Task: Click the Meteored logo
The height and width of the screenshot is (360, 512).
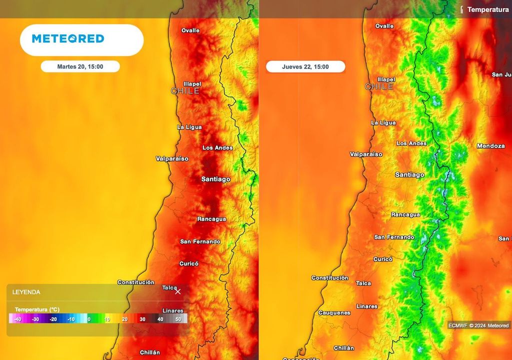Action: (x=68, y=39)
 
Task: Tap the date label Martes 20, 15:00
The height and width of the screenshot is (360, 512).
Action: (x=80, y=66)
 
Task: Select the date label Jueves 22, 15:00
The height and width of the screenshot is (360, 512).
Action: (x=305, y=67)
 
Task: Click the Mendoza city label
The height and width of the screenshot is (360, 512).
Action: (x=490, y=146)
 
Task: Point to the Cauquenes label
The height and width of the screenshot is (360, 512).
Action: (x=334, y=313)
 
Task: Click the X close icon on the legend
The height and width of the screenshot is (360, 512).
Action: (x=177, y=291)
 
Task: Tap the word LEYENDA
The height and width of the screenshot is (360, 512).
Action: (x=26, y=292)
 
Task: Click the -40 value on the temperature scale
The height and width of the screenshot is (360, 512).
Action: (x=17, y=319)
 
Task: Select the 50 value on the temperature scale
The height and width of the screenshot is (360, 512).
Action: (x=177, y=319)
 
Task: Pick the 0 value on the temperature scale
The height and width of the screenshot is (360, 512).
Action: (x=89, y=319)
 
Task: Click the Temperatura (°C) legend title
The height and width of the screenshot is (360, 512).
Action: (x=37, y=309)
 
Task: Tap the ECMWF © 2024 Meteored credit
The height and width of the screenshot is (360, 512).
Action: (x=478, y=326)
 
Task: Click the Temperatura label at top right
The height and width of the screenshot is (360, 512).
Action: (x=487, y=9)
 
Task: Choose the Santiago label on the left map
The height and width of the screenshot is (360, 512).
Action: (x=215, y=179)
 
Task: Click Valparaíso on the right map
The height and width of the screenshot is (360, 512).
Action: (x=366, y=154)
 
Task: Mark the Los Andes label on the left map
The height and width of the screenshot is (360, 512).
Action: (x=217, y=148)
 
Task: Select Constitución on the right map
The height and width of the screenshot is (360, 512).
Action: (x=329, y=278)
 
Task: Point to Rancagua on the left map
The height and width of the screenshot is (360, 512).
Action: (x=211, y=219)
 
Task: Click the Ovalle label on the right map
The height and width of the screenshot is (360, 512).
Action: (x=384, y=26)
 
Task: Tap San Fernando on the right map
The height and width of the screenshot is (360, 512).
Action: (x=394, y=237)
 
